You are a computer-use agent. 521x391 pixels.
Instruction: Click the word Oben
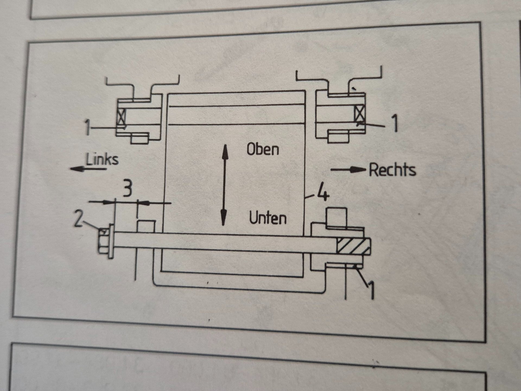point(263,149)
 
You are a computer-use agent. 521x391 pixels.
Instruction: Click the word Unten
point(268,218)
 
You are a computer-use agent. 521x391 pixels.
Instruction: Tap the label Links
point(102,159)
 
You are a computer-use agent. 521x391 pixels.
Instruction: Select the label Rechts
point(392,170)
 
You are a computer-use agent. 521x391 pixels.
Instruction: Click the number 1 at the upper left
point(87,128)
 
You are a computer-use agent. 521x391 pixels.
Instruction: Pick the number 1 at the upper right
point(395,124)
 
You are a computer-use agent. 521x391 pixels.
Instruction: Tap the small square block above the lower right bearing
point(337,217)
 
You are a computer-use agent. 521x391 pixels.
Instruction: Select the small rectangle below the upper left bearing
point(140,138)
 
